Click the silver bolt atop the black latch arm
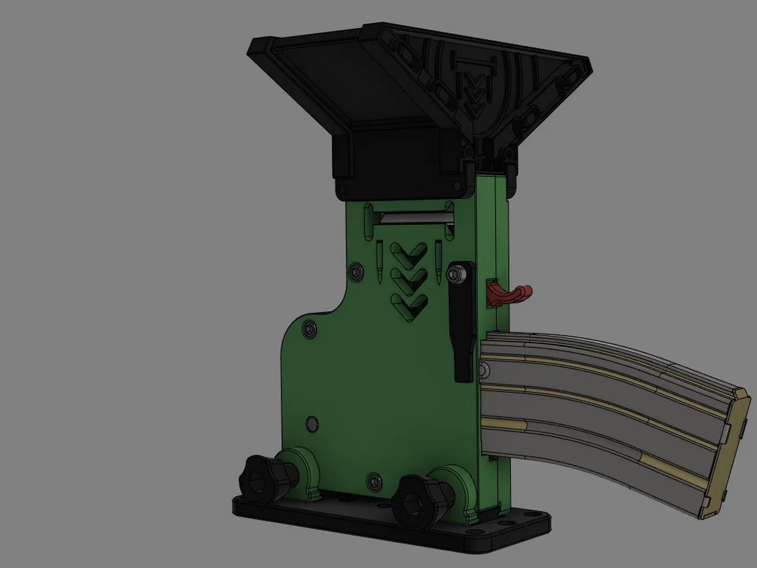pos(455,274)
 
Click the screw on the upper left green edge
pos(355,272)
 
